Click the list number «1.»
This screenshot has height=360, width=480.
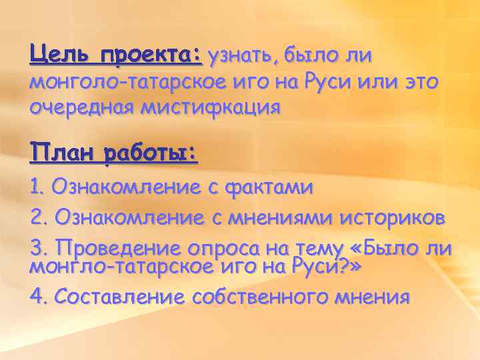pyautogui.click(x=38, y=187)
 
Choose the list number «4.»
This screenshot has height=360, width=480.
pyautogui.click(x=39, y=296)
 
